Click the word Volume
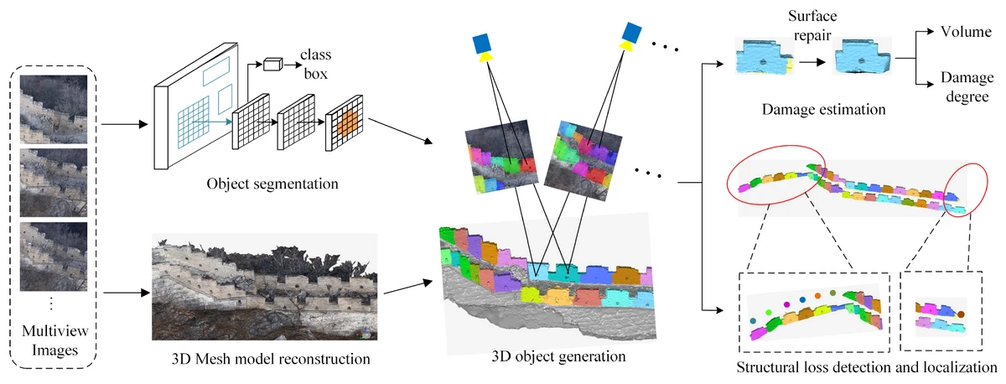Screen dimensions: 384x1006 [962, 32]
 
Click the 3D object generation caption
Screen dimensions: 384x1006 [559, 356]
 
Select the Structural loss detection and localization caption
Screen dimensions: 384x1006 [866, 367]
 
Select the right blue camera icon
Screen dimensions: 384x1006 [631, 34]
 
